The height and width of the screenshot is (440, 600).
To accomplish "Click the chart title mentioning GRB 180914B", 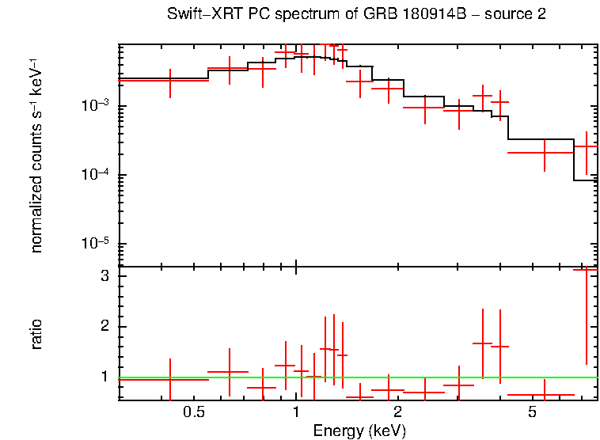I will [356, 15].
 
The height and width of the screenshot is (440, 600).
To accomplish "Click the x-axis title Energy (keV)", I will [359, 431].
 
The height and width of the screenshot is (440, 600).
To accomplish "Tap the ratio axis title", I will [36, 334].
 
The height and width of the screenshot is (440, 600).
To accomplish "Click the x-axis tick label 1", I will [296, 412].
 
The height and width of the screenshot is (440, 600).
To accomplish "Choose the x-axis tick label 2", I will [397, 412].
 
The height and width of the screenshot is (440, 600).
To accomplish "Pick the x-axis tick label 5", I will [532, 412].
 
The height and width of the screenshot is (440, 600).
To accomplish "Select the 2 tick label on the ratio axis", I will [104, 327].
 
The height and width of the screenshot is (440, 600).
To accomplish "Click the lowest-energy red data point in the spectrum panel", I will [170, 81].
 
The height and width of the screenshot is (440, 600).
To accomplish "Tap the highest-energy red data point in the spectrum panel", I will [586, 146].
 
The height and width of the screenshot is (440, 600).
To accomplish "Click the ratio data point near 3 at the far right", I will [586, 270].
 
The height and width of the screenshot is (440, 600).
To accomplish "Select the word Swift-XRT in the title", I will [202, 15].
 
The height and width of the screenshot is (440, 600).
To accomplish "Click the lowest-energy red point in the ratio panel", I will [170, 379].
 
